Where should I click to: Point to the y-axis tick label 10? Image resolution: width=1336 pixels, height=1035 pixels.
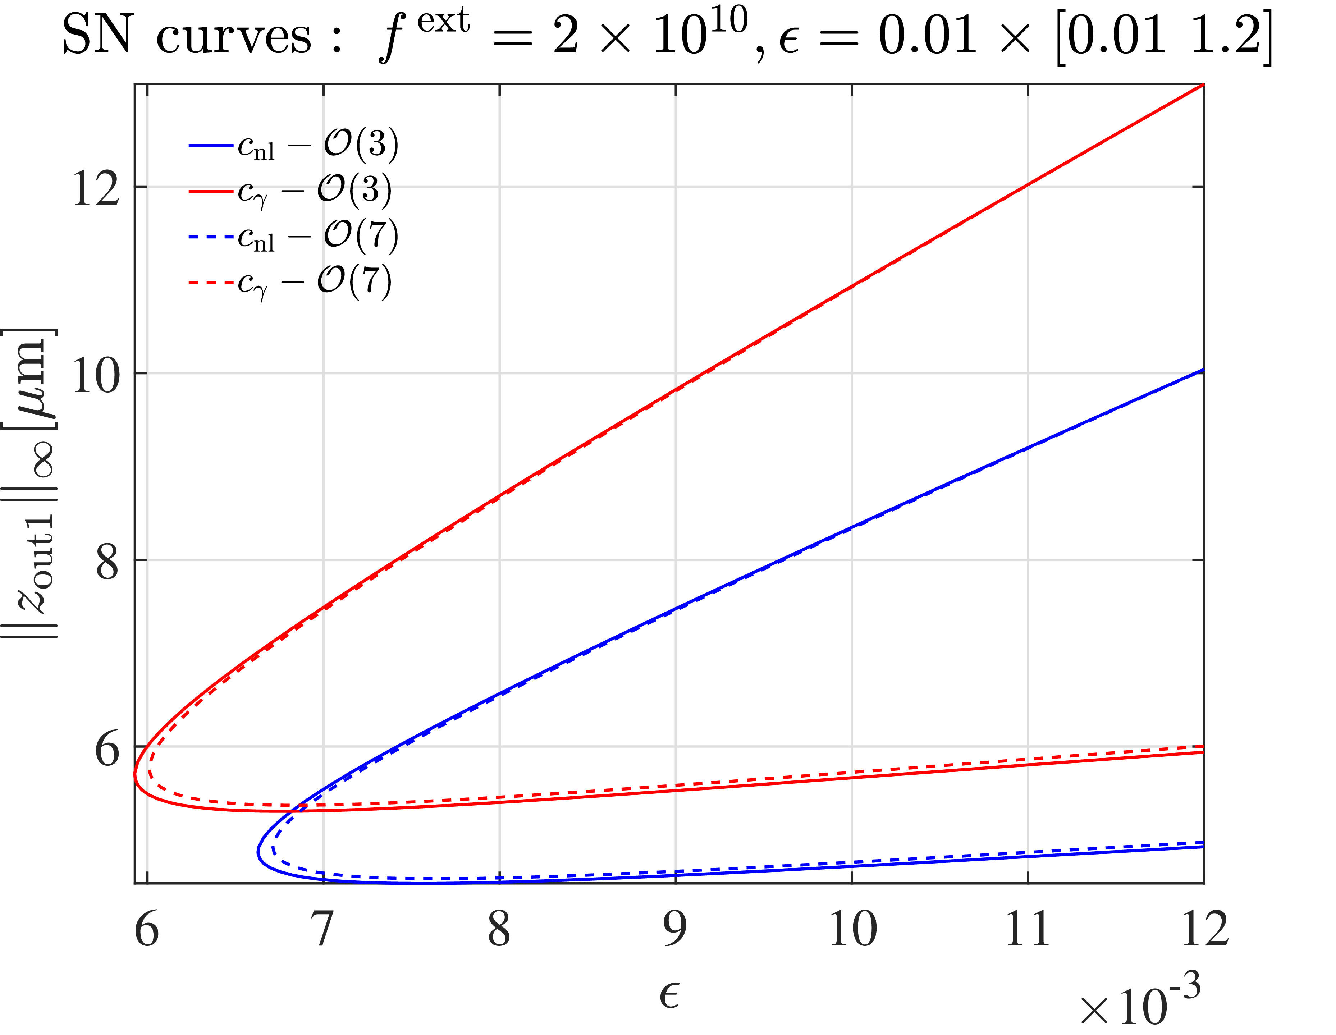click(96, 374)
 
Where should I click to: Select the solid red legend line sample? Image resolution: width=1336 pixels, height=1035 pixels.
click(211, 192)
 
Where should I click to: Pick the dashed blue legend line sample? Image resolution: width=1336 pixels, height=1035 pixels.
click(211, 237)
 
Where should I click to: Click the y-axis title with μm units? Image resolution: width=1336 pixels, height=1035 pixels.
click(31, 483)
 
